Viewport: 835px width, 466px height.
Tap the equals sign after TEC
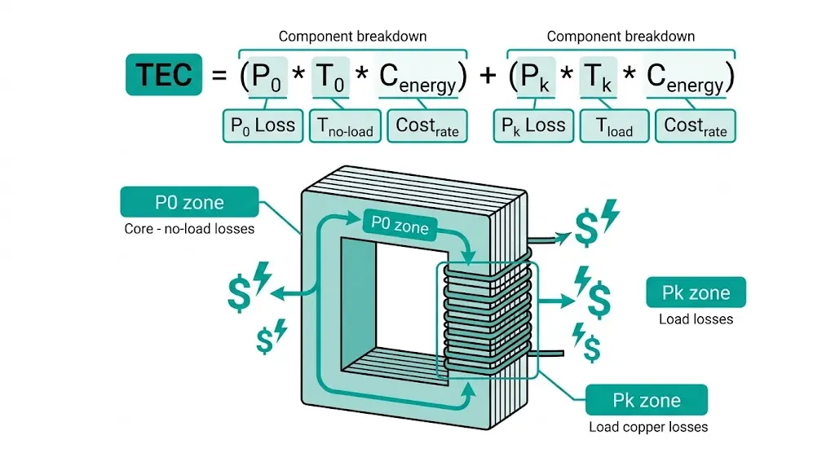218,76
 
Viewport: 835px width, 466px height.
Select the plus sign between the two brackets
488,76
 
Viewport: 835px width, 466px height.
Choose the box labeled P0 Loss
263,125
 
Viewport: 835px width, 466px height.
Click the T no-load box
344,125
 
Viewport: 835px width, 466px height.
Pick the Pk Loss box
533,125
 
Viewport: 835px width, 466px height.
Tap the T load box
613,125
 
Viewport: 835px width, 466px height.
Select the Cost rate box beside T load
695,125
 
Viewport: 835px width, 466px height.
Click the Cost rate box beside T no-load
427,125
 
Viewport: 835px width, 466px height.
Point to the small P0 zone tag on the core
400,225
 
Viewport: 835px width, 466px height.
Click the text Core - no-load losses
189,229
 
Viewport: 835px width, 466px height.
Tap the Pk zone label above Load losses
696,292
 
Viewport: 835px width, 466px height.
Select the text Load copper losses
648,427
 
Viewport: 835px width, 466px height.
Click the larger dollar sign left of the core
239,296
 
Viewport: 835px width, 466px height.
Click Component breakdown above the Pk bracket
621,36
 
